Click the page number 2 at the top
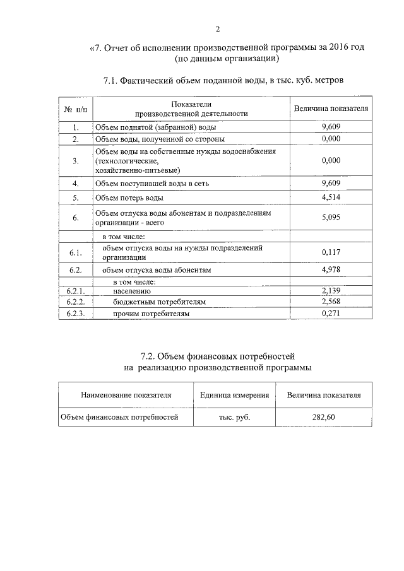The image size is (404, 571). pos(218,29)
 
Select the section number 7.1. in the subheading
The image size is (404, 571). pos(112,80)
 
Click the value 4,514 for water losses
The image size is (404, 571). pos(331,197)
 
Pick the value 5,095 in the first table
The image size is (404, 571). pos(331,218)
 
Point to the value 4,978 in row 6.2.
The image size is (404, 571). pos(331,269)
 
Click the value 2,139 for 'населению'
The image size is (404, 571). pos(331,291)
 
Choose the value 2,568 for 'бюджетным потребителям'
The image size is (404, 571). pos(331,302)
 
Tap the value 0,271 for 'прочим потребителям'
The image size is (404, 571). pos(331,313)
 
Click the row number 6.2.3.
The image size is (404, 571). pos(75,313)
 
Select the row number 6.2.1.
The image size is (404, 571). pos(75,291)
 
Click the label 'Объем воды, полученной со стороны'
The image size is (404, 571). pos(160,139)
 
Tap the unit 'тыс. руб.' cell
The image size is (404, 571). pos(234,417)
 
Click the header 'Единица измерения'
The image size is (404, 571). pos(234,395)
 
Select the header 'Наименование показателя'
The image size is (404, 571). pos(126,395)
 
